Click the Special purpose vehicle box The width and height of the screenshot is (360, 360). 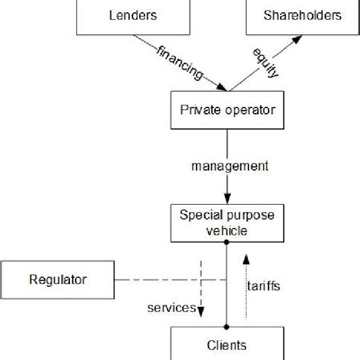(x=227, y=222)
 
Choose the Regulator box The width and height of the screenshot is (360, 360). (x=53, y=280)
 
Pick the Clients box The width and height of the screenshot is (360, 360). (x=227, y=343)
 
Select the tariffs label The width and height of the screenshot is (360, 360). (x=264, y=286)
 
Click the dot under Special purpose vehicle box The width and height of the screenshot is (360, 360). (x=227, y=242)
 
